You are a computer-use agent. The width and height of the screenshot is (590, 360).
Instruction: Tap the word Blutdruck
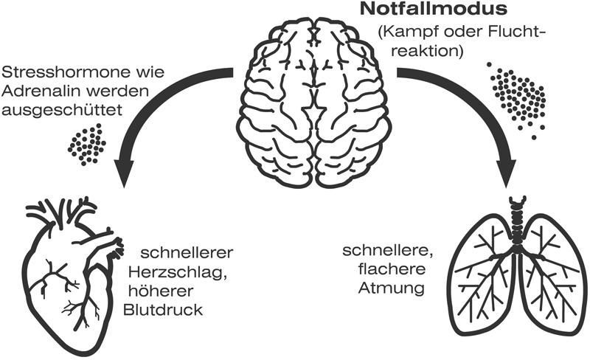[x=164, y=305]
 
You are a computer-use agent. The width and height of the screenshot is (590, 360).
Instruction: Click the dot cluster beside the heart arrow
[x=86, y=143]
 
